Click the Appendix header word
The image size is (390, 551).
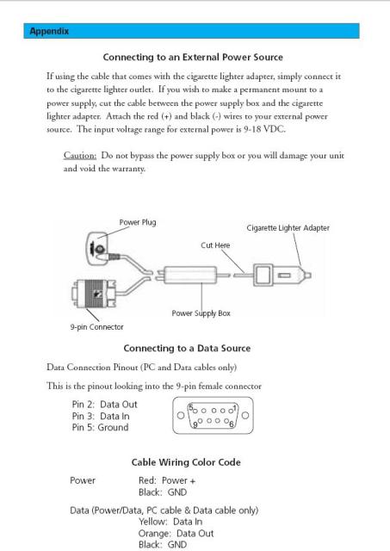pyautogui.click(x=49, y=31)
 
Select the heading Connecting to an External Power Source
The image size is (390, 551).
pyautogui.click(x=193, y=58)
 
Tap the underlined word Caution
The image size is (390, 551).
pyautogui.click(x=80, y=155)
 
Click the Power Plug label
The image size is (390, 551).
pyautogui.click(x=138, y=222)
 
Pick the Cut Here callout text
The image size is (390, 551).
pyautogui.click(x=215, y=245)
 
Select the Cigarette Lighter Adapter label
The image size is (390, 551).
pyautogui.click(x=288, y=228)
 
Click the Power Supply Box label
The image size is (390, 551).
pyautogui.click(x=201, y=313)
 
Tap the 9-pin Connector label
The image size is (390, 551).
pyautogui.click(x=96, y=327)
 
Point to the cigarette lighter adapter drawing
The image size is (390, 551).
pyautogui.click(x=282, y=275)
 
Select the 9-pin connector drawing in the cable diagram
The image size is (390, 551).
pyautogui.click(x=94, y=294)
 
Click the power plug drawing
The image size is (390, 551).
pyautogui.click(x=99, y=249)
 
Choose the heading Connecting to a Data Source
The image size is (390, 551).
pyautogui.click(x=187, y=348)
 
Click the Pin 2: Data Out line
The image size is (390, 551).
pyautogui.click(x=104, y=405)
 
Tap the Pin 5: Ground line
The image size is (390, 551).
pyautogui.click(x=100, y=428)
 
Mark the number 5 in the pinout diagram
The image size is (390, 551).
pyautogui.click(x=191, y=408)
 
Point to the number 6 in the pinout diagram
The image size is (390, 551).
pyautogui.click(x=232, y=424)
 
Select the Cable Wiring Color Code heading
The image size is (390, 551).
pyautogui.click(x=186, y=462)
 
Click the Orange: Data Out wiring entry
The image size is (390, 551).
pyautogui.click(x=176, y=534)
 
